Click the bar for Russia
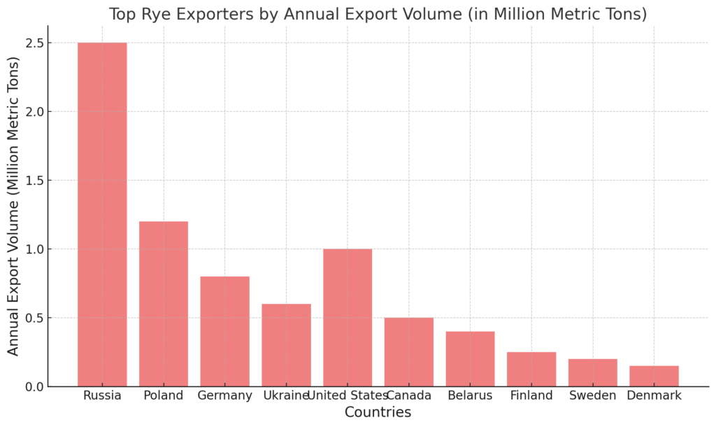coord(102,214)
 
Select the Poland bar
coord(164,304)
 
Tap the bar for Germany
coord(224,332)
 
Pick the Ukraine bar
coord(286,345)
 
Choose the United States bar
coord(348,318)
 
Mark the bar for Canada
coord(408,352)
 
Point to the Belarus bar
coord(471,359)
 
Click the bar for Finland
coord(531,370)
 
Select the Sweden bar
coord(593,372)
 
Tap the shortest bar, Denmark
coord(654,377)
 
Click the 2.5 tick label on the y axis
coord(35,43)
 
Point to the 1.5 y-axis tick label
coord(35,181)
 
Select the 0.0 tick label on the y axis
coord(35,387)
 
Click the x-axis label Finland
coord(531,395)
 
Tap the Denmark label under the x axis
coord(654,395)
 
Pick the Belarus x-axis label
coord(471,395)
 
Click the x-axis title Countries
coord(378,412)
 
